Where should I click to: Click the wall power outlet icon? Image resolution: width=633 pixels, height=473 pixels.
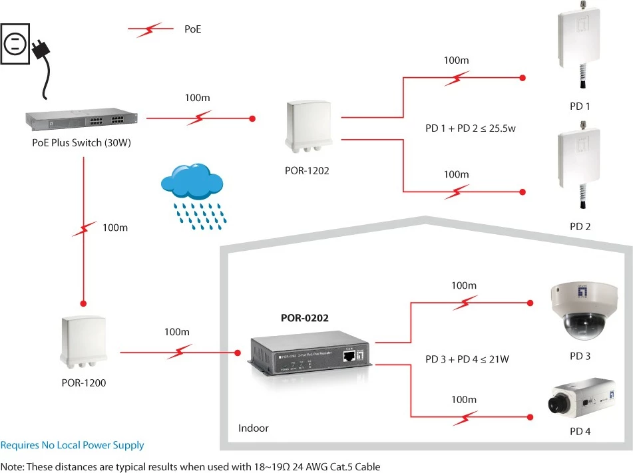pyautogui.click(x=15, y=44)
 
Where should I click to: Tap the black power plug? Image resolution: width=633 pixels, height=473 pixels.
pyautogui.click(x=41, y=50)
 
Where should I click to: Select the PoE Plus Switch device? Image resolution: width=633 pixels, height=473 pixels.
pyautogui.click(x=82, y=119)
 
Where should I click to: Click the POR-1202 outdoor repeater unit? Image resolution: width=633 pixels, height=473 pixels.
pyautogui.click(x=309, y=126)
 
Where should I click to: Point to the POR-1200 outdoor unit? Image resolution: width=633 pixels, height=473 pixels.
pyautogui.click(x=84, y=342)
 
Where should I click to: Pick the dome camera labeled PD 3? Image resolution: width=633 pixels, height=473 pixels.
pyautogui.click(x=584, y=311)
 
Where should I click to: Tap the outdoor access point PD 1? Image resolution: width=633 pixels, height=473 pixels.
pyautogui.click(x=579, y=45)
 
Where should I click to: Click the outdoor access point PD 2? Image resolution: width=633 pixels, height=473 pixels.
pyautogui.click(x=579, y=165)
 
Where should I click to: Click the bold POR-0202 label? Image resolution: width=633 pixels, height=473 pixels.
pyautogui.click(x=305, y=318)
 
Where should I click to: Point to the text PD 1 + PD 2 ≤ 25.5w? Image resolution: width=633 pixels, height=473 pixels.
pyautogui.click(x=471, y=128)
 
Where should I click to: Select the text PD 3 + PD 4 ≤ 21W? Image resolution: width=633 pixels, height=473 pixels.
pyautogui.click(x=467, y=359)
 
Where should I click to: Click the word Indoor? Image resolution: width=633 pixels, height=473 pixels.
pyautogui.click(x=253, y=428)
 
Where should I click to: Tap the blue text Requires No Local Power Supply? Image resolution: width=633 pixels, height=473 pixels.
pyautogui.click(x=72, y=445)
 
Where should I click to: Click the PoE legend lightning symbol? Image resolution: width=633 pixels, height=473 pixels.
pyautogui.click(x=150, y=29)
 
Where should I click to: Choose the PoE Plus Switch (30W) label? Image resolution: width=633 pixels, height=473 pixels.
pyautogui.click(x=82, y=142)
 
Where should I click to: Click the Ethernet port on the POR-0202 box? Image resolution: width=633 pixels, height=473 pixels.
pyautogui.click(x=349, y=356)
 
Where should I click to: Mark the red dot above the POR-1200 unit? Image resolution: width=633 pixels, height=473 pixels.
pyautogui.click(x=84, y=303)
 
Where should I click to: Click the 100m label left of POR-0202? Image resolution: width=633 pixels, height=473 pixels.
pyautogui.click(x=177, y=332)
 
